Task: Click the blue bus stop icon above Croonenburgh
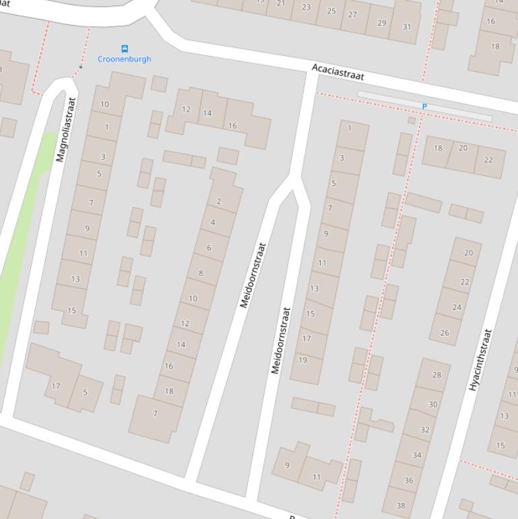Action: (125, 49)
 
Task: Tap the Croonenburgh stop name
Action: (125, 59)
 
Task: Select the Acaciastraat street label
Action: (337, 72)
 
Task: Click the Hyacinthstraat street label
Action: (480, 360)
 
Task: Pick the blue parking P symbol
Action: (424, 106)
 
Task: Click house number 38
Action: (401, 506)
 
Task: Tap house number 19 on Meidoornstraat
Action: (302, 360)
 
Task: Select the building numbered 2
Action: (219, 202)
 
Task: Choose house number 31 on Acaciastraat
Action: (406, 27)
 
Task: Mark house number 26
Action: (445, 332)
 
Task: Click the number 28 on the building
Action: (436, 375)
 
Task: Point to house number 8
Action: (201, 273)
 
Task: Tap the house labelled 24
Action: (457, 307)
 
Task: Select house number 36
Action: (409, 480)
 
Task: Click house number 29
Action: (382, 23)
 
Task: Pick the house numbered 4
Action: (213, 222)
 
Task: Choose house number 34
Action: (417, 455)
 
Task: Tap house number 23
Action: (306, 7)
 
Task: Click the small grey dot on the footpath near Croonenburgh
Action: (81, 67)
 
